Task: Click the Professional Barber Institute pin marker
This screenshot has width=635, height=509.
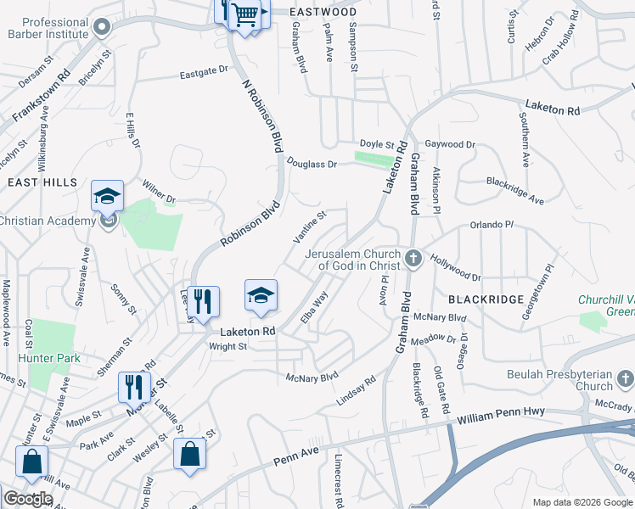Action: [103, 26]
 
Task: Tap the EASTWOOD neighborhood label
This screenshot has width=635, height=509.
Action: [323, 12]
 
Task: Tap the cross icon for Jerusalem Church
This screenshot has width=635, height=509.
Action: [413, 258]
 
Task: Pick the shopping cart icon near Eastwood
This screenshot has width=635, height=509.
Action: [245, 14]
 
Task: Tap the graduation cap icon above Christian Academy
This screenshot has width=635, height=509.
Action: [108, 197]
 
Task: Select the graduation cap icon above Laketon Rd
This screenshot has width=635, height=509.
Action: [261, 295]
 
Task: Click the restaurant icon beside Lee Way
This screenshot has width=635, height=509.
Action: [203, 302]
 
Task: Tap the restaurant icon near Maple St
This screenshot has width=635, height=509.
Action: [134, 388]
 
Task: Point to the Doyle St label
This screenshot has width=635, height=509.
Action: [378, 145]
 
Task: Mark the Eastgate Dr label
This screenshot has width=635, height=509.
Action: [205, 74]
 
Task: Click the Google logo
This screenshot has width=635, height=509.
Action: [28, 499]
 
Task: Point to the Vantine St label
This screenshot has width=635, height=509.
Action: [310, 229]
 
